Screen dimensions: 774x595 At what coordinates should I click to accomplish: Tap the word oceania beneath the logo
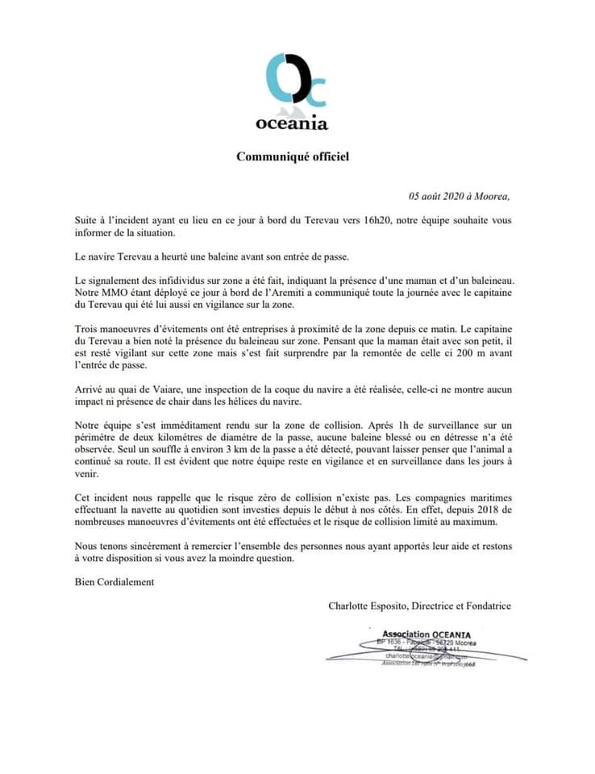coord(292,123)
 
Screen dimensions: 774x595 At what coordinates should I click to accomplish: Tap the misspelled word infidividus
coord(170,279)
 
